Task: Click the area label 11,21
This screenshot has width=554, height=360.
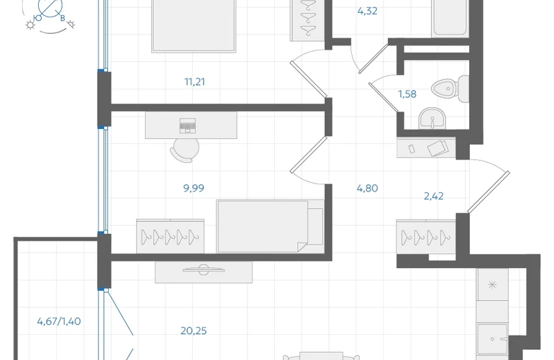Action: click(195, 81)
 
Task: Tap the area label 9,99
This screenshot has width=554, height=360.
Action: click(194, 188)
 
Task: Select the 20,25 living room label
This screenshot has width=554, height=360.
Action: click(194, 330)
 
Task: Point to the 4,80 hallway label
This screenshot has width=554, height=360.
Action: click(368, 188)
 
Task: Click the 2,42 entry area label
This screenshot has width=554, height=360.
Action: click(434, 196)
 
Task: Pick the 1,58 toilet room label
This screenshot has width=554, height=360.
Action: click(407, 94)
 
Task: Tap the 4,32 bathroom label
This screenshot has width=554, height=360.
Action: click(368, 11)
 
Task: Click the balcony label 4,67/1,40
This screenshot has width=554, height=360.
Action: click(59, 321)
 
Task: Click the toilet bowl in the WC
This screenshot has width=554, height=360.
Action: click(450, 89)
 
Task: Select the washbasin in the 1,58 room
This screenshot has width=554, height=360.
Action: click(432, 119)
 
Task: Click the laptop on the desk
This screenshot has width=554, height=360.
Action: click(188, 126)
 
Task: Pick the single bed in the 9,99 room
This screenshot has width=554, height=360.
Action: click(271, 226)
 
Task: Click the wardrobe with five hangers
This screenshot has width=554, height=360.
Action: click(171, 236)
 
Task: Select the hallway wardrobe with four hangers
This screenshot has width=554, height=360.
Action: click(426, 237)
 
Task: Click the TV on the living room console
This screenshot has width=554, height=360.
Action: click(204, 270)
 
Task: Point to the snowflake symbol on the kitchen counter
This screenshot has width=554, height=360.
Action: click(492, 284)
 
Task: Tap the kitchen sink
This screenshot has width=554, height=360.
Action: click(493, 339)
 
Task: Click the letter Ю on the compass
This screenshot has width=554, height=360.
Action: click(37, 18)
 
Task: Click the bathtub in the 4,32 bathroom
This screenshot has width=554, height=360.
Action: click(450, 18)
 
